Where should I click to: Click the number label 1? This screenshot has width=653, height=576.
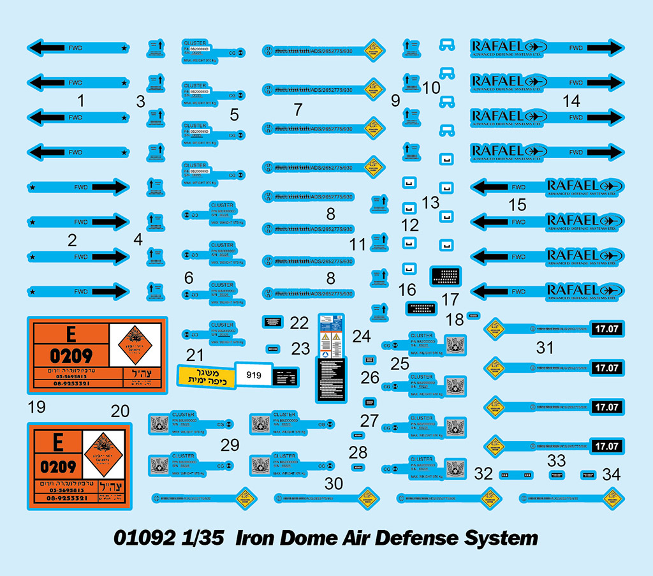click(x=80, y=100)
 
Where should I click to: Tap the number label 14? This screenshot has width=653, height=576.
click(x=571, y=100)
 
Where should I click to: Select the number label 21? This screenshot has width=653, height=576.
click(x=194, y=355)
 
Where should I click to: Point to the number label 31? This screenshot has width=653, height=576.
click(x=545, y=348)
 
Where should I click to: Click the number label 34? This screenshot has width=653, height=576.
click(x=611, y=475)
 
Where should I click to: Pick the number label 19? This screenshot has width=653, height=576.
click(x=38, y=406)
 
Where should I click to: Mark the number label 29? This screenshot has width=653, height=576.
click(x=230, y=445)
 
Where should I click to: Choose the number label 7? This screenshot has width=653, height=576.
click(x=298, y=109)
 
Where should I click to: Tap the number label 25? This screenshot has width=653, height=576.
click(x=400, y=364)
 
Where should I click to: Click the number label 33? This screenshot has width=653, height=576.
click(x=556, y=461)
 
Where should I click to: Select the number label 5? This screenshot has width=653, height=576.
click(x=235, y=115)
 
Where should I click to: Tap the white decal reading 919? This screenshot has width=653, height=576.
click(x=252, y=374)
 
